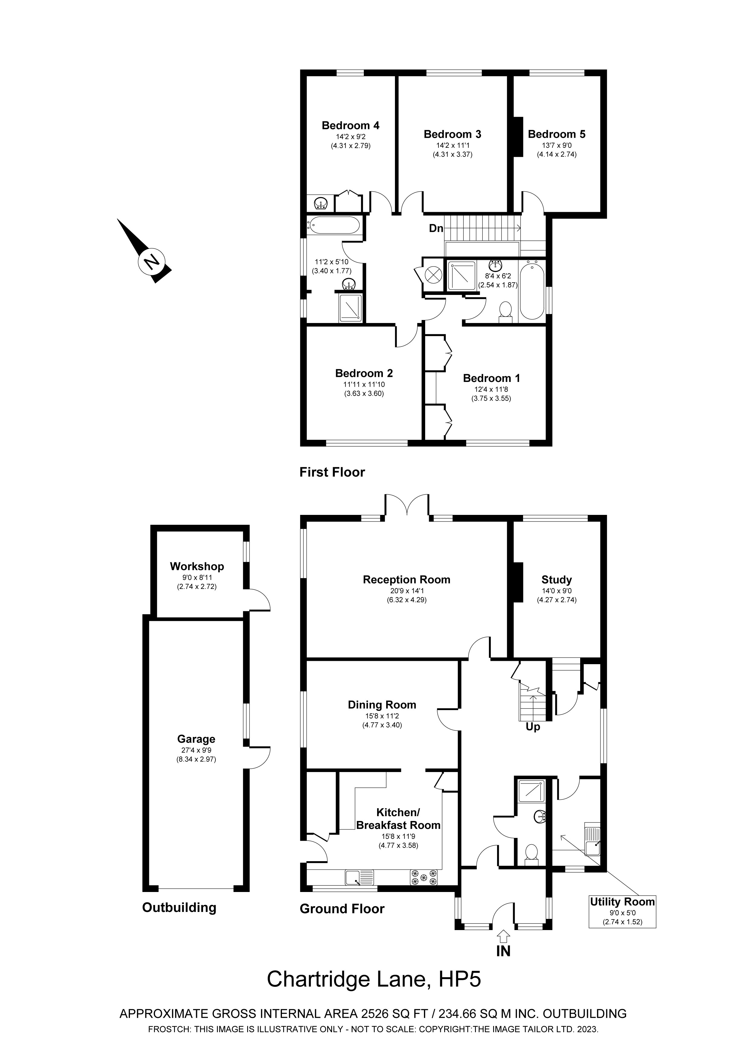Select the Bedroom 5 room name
(557, 134)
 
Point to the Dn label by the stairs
(436, 228)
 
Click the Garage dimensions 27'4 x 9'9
(196, 750)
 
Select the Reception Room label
(406, 580)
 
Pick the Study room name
(557, 580)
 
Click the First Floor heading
(332, 472)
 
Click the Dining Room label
(382, 705)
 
